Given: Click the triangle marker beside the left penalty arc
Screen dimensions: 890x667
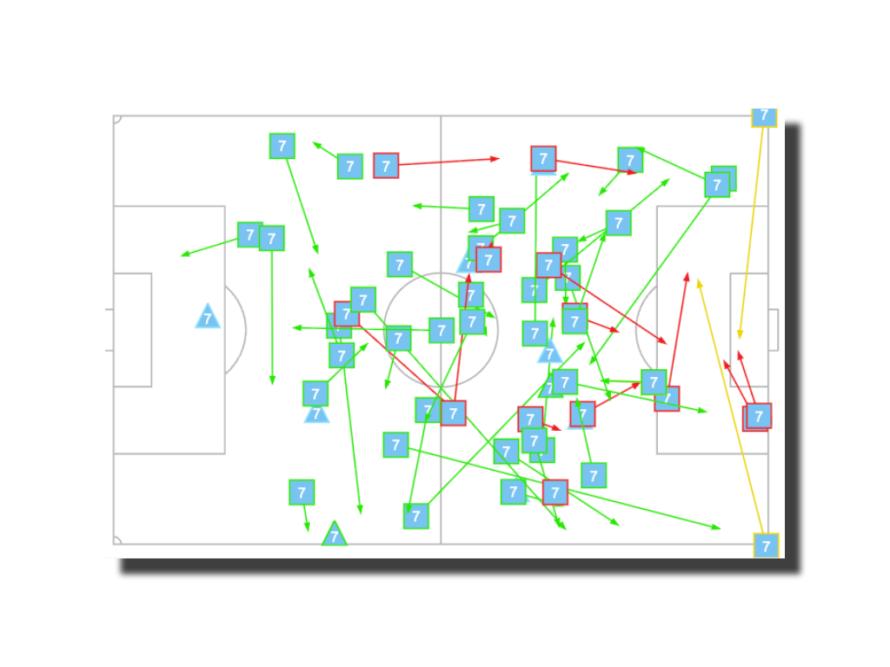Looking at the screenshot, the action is (208, 317).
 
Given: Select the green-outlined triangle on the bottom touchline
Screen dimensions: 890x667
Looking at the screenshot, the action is (335, 535).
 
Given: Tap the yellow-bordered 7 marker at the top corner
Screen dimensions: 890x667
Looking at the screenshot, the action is (764, 115).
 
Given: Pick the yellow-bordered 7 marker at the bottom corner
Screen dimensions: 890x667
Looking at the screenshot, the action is (766, 545).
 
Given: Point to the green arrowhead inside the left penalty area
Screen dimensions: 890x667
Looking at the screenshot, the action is (183, 254).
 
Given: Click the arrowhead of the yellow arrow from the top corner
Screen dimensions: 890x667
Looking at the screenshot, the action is (740, 336).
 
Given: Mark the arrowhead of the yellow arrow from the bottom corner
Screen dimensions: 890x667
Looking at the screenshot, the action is (698, 281).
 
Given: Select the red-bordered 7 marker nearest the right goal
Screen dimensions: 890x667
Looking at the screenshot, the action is (759, 416).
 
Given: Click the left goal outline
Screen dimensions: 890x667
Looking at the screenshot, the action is (110, 330).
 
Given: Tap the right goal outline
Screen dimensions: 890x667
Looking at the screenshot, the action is (773, 330).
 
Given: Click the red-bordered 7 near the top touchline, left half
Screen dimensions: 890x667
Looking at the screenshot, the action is (386, 165).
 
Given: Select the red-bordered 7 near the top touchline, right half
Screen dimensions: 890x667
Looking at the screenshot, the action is (543, 158).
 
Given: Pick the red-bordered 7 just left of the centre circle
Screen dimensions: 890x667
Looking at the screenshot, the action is (347, 314).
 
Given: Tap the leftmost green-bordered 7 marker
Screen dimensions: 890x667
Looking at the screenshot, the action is (250, 234).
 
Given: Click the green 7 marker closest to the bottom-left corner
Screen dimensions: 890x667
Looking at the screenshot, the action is (302, 492).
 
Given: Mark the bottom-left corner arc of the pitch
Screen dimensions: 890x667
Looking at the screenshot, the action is (116, 541).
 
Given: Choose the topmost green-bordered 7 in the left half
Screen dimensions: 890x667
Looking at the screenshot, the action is (282, 146).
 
